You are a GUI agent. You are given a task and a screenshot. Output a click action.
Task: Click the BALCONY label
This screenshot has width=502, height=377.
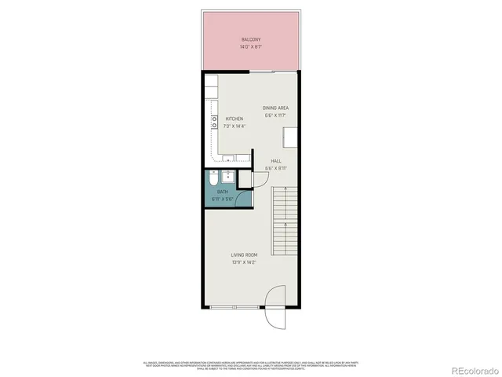pos(251,39)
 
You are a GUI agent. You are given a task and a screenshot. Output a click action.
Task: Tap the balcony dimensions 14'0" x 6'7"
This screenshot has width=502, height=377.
pos(251,47)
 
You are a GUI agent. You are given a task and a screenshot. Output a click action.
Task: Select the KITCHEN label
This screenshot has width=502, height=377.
pos(223,119)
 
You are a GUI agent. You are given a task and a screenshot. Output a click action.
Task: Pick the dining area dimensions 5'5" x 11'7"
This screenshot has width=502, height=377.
pos(275,115)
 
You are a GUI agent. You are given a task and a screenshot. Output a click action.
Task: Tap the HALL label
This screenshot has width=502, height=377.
pos(275,159)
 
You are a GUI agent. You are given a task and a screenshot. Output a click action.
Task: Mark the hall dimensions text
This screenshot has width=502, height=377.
pos(275,167)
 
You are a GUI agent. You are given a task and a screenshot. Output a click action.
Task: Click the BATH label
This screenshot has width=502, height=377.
pos(222,192)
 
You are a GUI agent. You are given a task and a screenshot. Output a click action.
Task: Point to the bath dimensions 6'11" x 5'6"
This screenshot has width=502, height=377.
pos(222,199)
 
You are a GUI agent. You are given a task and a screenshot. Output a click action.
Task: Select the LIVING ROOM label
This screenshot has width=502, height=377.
pos(245,254)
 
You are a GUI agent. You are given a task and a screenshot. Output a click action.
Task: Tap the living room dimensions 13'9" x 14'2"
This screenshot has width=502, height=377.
pos(245,262)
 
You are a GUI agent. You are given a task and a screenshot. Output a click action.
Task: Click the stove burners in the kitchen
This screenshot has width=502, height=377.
pos(213,122)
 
